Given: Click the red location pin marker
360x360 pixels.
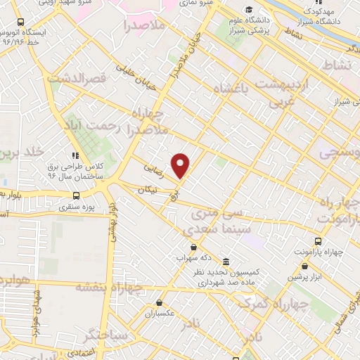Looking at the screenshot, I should point(181,165).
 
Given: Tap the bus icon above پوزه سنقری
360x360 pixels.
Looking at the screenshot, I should point(75,196).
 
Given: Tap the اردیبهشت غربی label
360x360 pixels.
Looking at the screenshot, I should point(282,89).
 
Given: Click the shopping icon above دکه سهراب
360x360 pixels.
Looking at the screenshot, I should point(193,247).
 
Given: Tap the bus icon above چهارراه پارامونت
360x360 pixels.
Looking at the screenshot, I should point(317,240).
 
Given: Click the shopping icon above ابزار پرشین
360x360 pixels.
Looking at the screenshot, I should point(304,266).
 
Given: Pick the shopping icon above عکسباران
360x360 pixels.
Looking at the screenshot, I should point(160,303).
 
